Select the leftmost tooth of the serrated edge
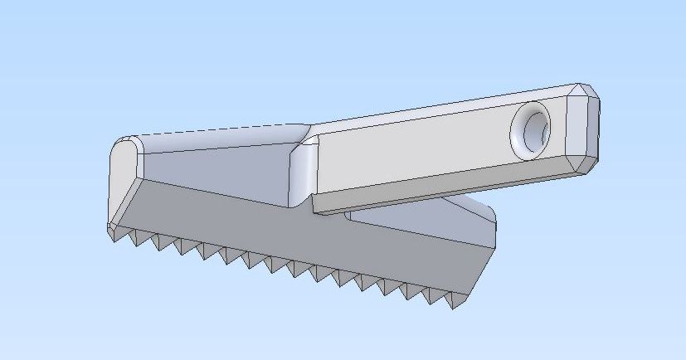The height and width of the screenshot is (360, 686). click(x=113, y=235)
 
